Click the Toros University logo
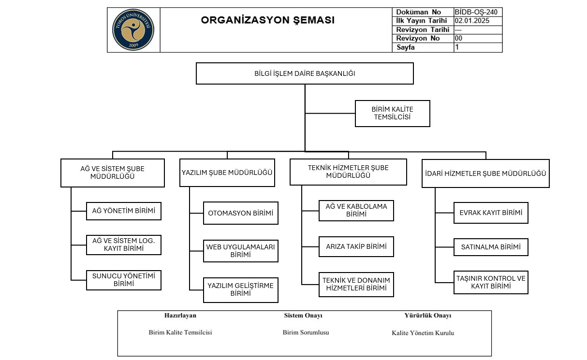click(x=133, y=29)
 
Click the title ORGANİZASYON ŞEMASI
click(x=267, y=20)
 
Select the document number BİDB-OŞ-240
click(x=476, y=12)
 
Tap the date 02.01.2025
click(x=472, y=21)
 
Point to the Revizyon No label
click(x=418, y=38)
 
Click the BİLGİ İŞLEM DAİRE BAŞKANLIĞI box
click(x=305, y=73)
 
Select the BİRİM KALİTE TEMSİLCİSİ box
click(x=392, y=113)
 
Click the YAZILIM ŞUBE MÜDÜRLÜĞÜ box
click(x=227, y=173)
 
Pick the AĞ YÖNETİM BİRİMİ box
click(x=124, y=211)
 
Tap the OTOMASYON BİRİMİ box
click(x=240, y=213)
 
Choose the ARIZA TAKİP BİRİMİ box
click(x=356, y=246)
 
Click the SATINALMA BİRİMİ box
click(x=491, y=247)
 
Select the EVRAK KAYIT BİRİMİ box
click(x=491, y=213)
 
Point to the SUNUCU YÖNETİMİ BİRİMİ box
click(x=124, y=280)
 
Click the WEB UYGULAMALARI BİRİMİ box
click(x=240, y=250)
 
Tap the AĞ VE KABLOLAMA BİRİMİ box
click(x=356, y=210)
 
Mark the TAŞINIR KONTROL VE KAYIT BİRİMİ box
click(x=491, y=282)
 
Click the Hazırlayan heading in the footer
click(x=180, y=316)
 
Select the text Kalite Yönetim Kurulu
click(x=423, y=333)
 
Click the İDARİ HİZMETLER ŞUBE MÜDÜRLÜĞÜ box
click(x=485, y=173)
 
